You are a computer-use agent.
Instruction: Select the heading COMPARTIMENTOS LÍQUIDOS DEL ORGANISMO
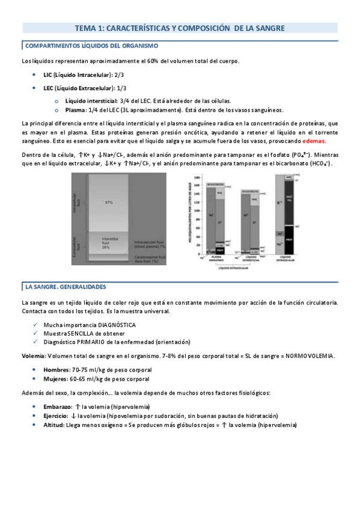coord(90,46)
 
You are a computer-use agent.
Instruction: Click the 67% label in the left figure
coord(109,201)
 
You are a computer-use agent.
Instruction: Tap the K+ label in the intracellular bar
coord(279,203)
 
